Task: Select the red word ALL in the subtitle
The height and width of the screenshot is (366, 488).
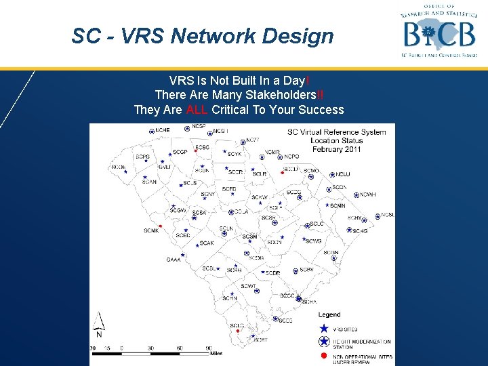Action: tap(196, 110)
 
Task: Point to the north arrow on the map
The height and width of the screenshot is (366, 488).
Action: tap(99, 325)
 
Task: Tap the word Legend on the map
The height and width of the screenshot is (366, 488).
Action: tap(329, 314)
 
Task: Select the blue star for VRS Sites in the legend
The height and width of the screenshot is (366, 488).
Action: tap(324, 328)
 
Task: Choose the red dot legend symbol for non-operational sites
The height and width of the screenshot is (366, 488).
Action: tap(324, 356)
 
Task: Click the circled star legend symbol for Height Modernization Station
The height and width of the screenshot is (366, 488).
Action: tap(324, 342)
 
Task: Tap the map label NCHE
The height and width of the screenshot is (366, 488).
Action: tap(163, 130)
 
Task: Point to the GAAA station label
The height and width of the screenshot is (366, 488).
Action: tap(174, 260)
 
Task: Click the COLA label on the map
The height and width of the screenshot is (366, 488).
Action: tap(241, 212)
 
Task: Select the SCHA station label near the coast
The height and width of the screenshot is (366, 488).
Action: tap(309, 302)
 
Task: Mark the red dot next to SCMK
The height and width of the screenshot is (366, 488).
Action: tap(160, 226)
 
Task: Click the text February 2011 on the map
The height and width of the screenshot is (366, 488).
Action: tap(335, 149)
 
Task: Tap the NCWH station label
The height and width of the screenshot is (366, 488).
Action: tap(367, 195)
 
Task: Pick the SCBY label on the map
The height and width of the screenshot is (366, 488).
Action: tap(306, 270)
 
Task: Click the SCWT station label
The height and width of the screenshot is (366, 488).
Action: tap(249, 286)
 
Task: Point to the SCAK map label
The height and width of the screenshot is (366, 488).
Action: tap(206, 243)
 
